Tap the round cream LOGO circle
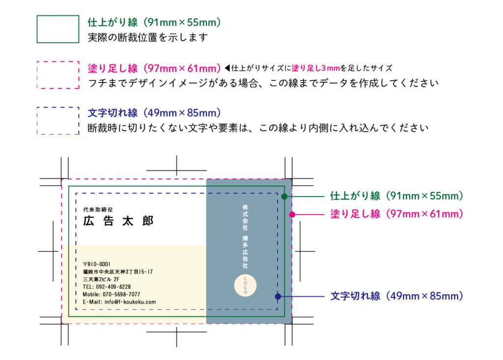(246, 285)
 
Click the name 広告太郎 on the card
(118, 221)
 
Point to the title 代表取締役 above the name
(98, 210)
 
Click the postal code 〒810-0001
(97, 264)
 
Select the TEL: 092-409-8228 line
(107, 287)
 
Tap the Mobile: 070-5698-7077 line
(112, 294)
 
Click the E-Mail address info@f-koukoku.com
(135, 302)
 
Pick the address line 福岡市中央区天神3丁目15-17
(118, 272)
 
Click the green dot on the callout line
(284, 196)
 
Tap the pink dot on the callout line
(292, 214)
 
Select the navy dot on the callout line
(278, 297)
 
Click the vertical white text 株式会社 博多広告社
(246, 236)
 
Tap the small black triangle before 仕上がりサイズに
(227, 68)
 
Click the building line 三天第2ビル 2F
(101, 279)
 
